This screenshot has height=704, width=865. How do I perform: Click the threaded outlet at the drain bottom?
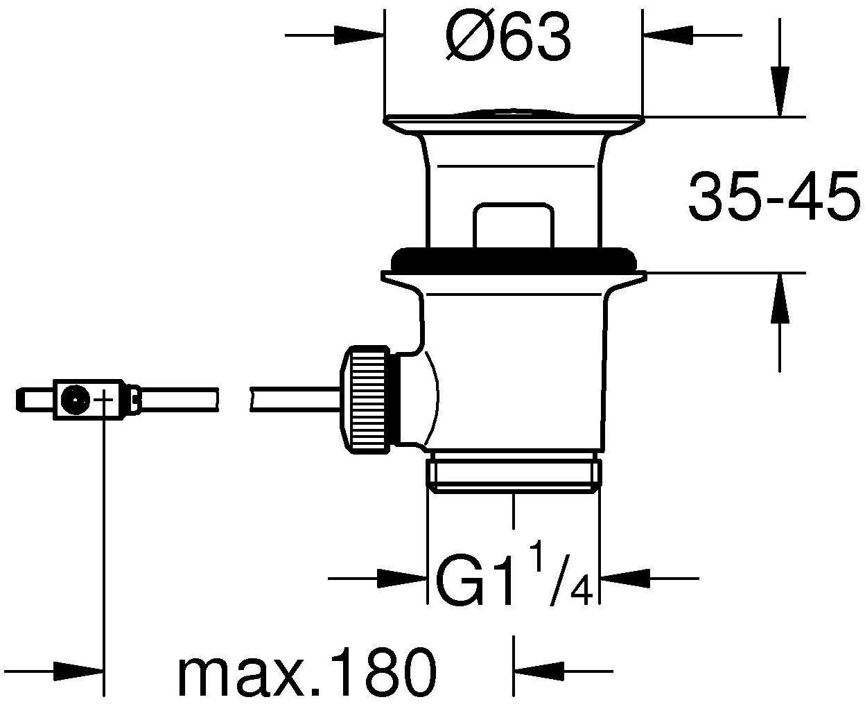coord(514,475)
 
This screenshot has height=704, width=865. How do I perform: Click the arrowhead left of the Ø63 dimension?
coord(358,35)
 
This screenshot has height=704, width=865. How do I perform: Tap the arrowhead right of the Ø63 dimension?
coord(668,35)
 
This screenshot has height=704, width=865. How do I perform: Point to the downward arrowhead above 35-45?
coord(779,91)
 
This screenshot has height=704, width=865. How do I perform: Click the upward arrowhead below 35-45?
coord(779,299)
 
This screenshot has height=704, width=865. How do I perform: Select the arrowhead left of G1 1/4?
coord(402,579)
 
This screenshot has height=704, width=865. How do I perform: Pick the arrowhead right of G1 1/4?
coord(625,579)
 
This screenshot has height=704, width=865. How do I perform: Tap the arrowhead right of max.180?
coord(539,671)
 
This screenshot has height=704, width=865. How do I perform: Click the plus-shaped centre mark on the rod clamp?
coord(105,400)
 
